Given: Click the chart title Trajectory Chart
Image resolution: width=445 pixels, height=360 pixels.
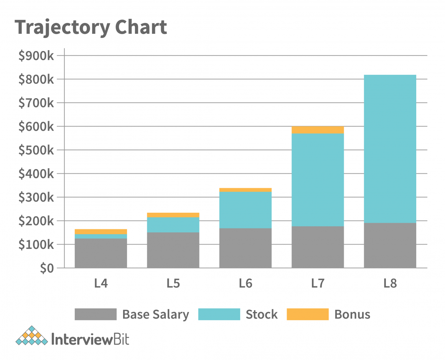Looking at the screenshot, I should [91, 28].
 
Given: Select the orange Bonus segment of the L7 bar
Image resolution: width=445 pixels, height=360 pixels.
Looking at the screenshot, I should [318, 130].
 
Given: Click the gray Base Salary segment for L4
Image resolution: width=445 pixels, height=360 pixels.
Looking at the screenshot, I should [101, 253].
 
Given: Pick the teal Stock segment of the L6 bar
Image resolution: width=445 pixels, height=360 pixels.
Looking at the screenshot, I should [246, 210].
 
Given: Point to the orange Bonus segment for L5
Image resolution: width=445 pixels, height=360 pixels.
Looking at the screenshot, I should [173, 215].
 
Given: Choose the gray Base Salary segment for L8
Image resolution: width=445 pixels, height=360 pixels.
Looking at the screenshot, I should [390, 245].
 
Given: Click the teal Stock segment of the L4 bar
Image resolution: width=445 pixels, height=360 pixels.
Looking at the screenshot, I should [101, 236].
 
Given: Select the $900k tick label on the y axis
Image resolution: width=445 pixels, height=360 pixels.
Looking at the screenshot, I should [36, 56].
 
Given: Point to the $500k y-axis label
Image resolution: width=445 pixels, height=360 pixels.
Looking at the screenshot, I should [36, 150].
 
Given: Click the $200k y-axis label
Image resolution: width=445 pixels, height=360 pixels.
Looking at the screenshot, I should [36, 221].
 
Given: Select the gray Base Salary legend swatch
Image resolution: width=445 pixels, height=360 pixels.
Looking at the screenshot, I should [96, 314].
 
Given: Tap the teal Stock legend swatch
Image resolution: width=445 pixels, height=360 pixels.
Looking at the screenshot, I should [219, 314].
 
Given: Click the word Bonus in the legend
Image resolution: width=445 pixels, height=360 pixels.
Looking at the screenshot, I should [352, 314].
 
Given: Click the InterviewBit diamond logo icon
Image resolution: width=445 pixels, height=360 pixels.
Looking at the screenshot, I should [32, 336].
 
